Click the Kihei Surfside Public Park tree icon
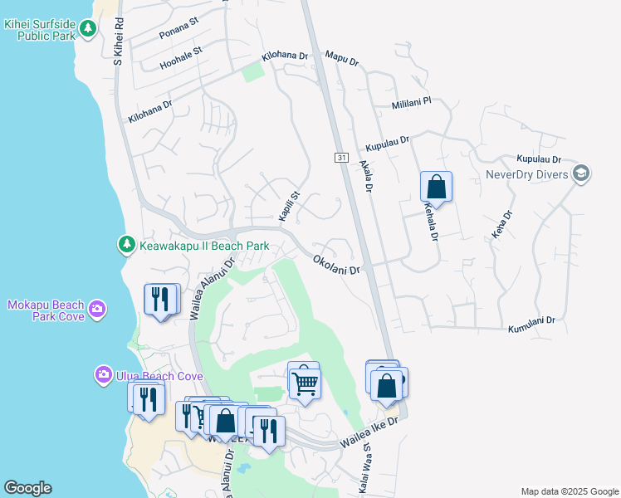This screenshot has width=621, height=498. [x=88, y=29]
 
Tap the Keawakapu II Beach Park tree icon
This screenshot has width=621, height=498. [x=126, y=245]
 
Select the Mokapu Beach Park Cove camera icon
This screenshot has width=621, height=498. [x=98, y=309]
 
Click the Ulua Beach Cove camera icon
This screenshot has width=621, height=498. [x=104, y=375]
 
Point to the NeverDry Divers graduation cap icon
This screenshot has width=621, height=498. [x=581, y=174]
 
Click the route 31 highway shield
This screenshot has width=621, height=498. [x=341, y=157]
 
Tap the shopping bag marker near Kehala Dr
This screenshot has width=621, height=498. [x=436, y=187]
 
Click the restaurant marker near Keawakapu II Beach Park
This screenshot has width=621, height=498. [x=161, y=299]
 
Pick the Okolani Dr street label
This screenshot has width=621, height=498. [x=337, y=265]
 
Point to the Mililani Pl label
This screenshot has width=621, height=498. [x=412, y=102]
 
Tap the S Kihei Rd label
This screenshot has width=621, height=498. [x=119, y=44]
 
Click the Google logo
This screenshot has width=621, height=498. [x=27, y=488]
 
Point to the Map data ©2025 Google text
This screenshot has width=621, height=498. [x=569, y=491]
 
